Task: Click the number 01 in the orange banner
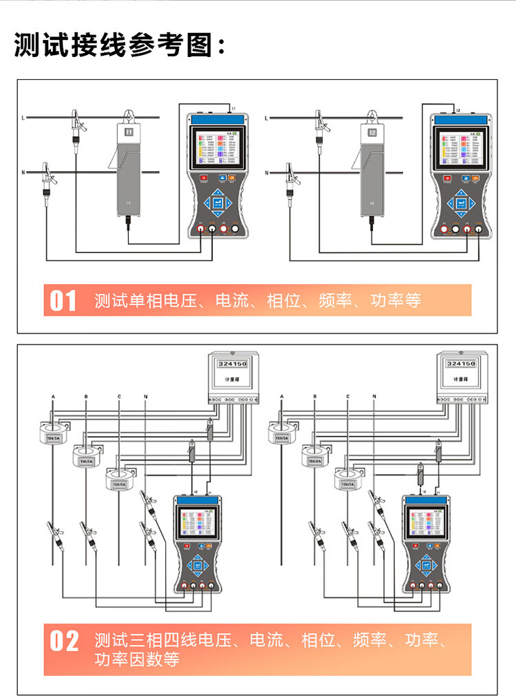(64, 300)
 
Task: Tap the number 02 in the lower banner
(65, 641)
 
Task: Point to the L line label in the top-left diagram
(24, 118)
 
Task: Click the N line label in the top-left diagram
(24, 172)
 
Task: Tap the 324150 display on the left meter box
(230, 363)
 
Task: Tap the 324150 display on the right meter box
(460, 363)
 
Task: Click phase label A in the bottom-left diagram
(53, 397)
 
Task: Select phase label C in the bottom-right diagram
(349, 397)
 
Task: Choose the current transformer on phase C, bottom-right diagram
(349, 481)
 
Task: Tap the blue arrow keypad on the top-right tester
(460, 202)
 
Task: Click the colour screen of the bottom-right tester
(428, 523)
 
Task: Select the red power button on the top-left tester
(204, 178)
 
